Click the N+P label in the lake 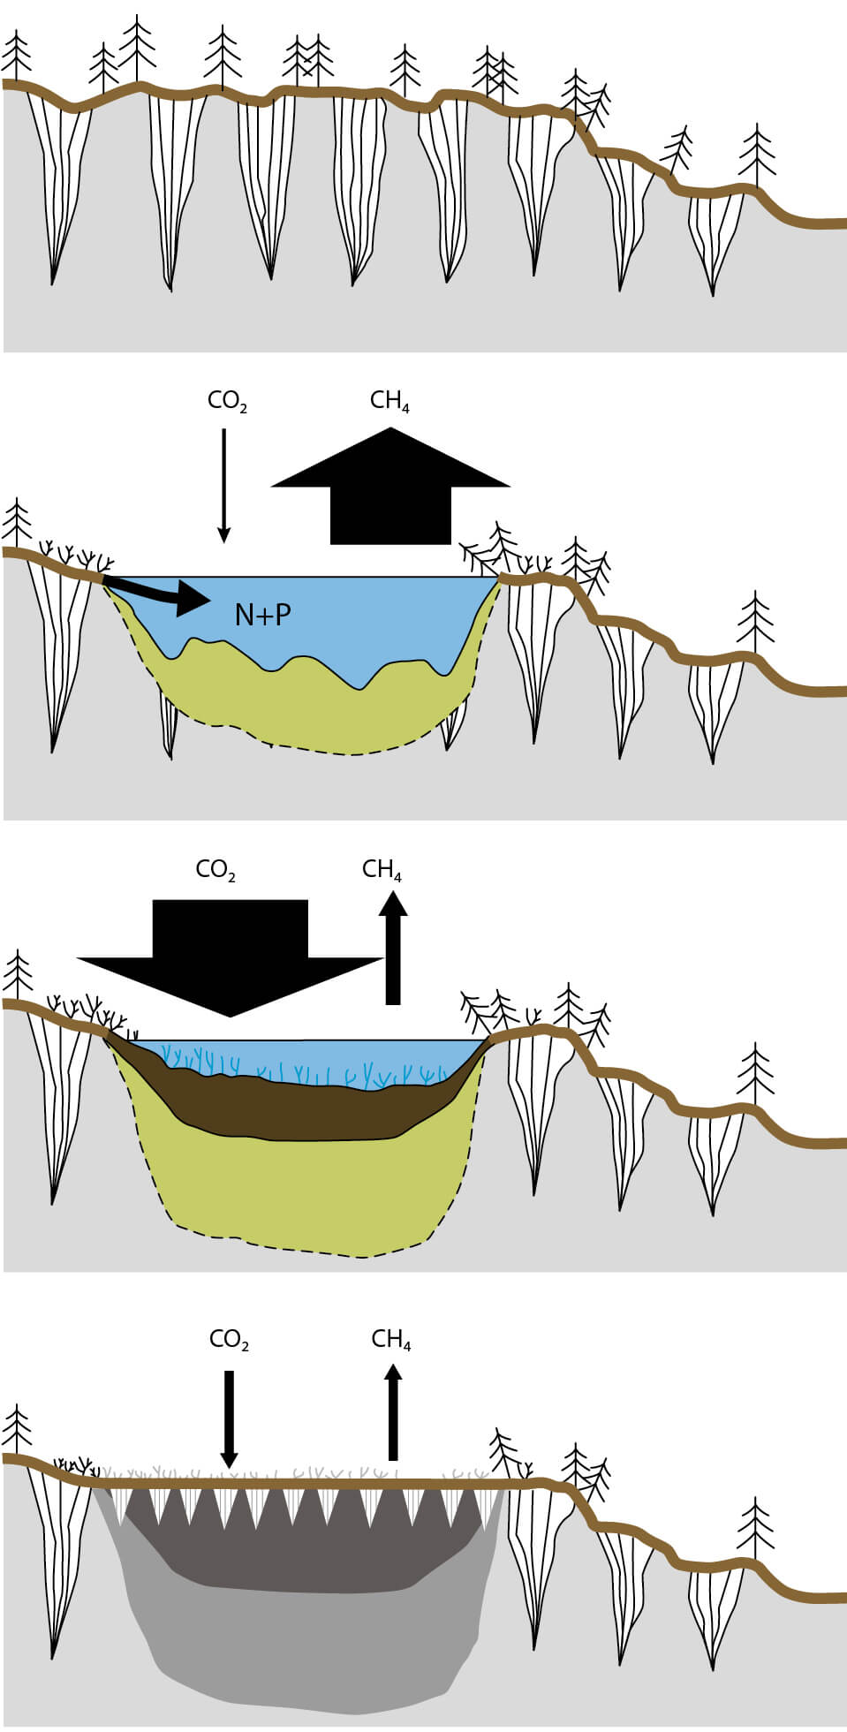tap(262, 614)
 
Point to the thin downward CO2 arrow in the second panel tap(223, 486)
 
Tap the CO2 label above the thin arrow tap(227, 402)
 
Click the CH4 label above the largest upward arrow tap(389, 401)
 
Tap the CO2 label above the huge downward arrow tap(216, 870)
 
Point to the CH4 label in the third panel tap(382, 870)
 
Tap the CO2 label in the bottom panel tap(229, 1340)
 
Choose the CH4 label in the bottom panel tap(391, 1340)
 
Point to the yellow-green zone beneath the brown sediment tap(300, 1192)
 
